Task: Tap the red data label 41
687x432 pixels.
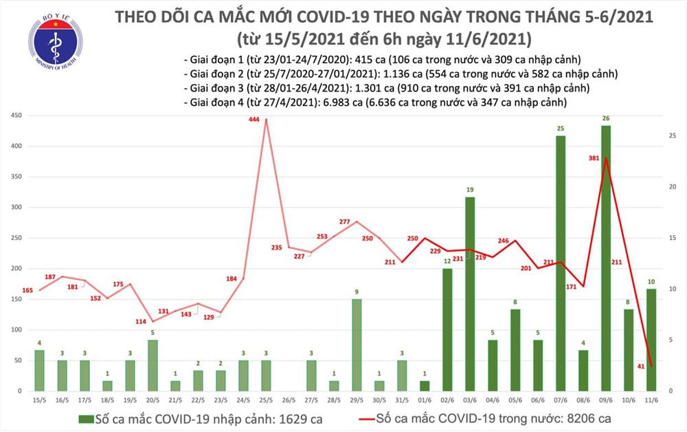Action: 640,367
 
